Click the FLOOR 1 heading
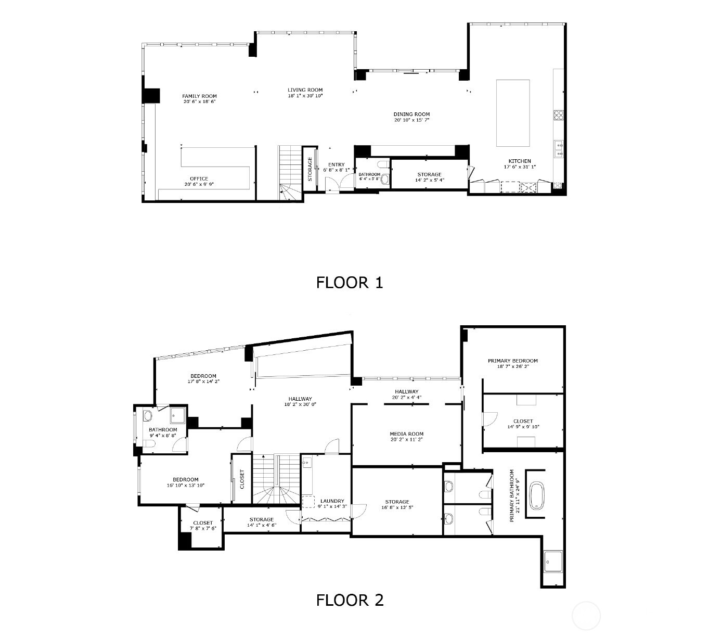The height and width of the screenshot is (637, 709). (x=350, y=283)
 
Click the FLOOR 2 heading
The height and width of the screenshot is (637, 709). (x=350, y=600)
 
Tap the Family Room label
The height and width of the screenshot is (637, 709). (x=199, y=96)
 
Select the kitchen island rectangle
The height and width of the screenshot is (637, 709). (x=513, y=113)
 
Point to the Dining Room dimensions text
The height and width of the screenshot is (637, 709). (x=411, y=120)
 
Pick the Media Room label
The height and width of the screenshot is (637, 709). (x=406, y=434)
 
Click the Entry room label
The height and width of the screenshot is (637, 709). (x=336, y=165)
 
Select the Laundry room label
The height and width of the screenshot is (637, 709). (x=332, y=501)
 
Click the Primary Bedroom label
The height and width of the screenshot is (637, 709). (x=512, y=361)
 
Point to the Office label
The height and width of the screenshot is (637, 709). (x=199, y=179)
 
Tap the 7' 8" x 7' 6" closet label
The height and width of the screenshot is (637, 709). (x=202, y=523)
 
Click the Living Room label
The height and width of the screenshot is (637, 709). (x=305, y=90)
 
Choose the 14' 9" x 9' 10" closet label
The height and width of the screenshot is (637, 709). (x=523, y=422)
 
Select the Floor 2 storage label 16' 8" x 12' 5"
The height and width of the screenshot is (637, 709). (x=397, y=502)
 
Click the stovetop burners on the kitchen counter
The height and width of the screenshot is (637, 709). (x=559, y=115)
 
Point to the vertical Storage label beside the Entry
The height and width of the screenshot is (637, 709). (x=310, y=170)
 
